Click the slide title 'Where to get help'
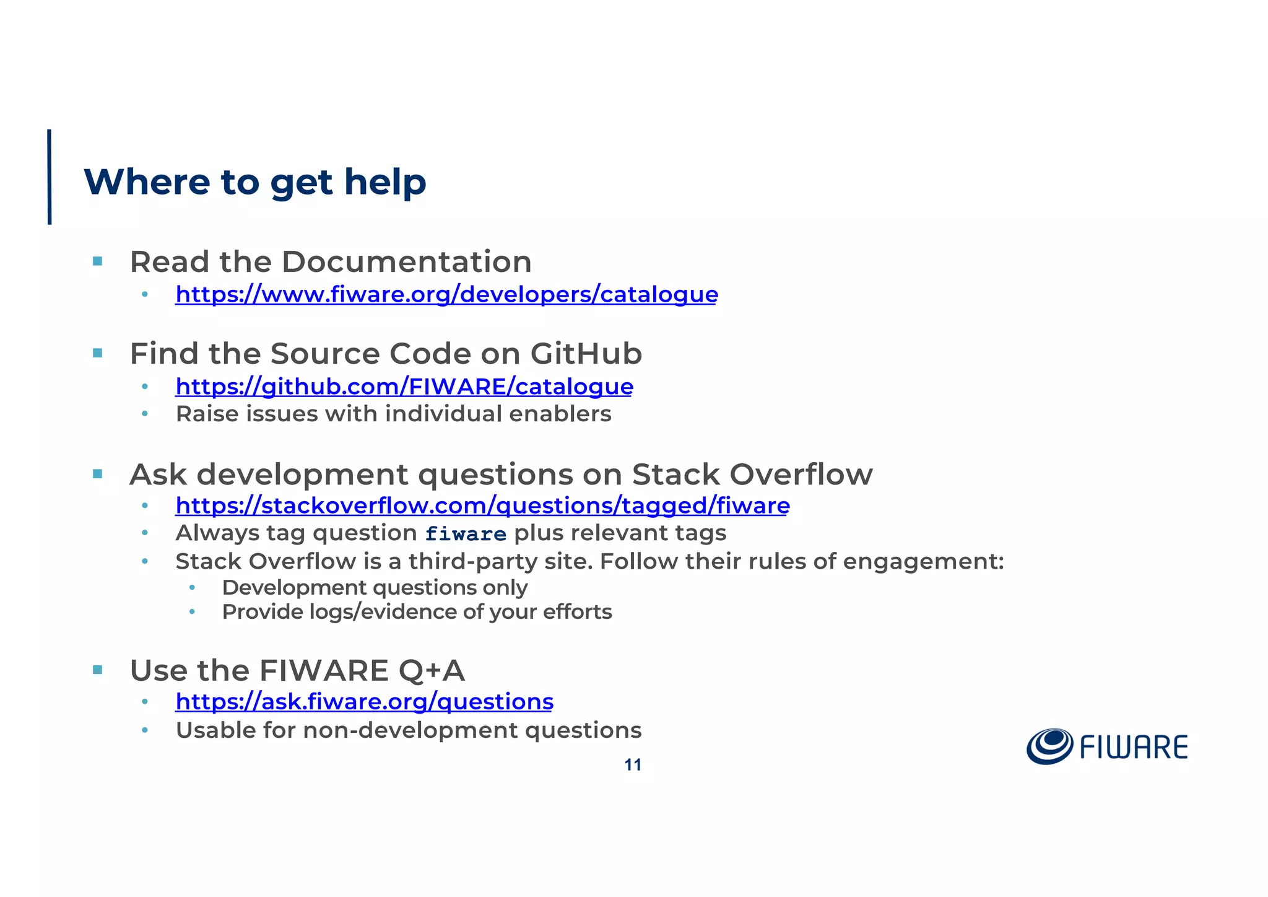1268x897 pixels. (254, 182)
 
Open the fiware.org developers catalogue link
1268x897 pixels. (446, 294)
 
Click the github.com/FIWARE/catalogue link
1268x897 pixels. (404, 387)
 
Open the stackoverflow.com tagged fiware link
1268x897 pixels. (482, 505)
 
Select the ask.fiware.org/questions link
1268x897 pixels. (364, 701)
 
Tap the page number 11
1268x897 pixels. (632, 765)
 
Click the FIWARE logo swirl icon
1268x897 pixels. (1049, 746)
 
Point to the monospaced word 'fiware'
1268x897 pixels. (466, 534)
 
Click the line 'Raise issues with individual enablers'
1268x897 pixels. (393, 414)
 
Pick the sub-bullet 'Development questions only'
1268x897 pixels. (375, 587)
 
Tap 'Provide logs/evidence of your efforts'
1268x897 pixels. (417, 612)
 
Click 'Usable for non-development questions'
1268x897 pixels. (409, 730)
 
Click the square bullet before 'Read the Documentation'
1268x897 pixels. (97, 261)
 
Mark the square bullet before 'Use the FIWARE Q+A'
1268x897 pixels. (97, 670)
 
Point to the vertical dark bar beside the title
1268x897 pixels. (50, 177)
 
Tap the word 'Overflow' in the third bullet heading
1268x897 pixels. (801, 475)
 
